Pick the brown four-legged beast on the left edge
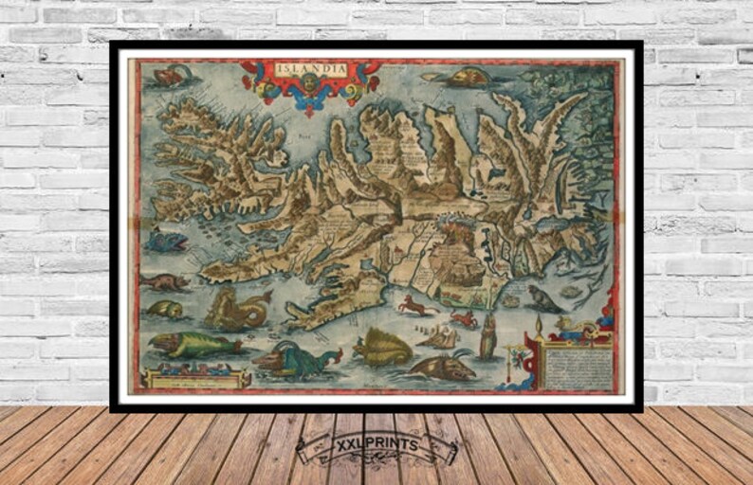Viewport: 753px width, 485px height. coord(165,281)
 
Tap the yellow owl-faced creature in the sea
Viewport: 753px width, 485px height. coord(164,310)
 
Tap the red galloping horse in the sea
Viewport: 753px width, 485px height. coord(412,305)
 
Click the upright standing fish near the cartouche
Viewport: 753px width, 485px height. coord(487,336)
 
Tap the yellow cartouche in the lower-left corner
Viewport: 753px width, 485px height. coord(195,379)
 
